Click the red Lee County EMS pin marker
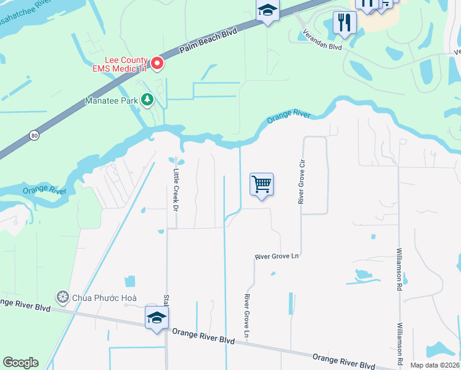click(157, 63)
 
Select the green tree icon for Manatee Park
click(147, 99)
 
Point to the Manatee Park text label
click(112, 99)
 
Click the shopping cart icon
click(261, 184)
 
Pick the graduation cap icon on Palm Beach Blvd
click(268, 10)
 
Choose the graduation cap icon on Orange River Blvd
click(157, 318)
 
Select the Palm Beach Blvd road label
click(208, 41)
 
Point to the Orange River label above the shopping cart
click(288, 117)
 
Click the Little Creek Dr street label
click(176, 190)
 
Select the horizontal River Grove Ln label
click(277, 256)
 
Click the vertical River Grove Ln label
click(247, 316)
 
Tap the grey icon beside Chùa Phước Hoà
click(62, 297)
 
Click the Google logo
click(20, 363)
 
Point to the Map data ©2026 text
click(434, 365)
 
